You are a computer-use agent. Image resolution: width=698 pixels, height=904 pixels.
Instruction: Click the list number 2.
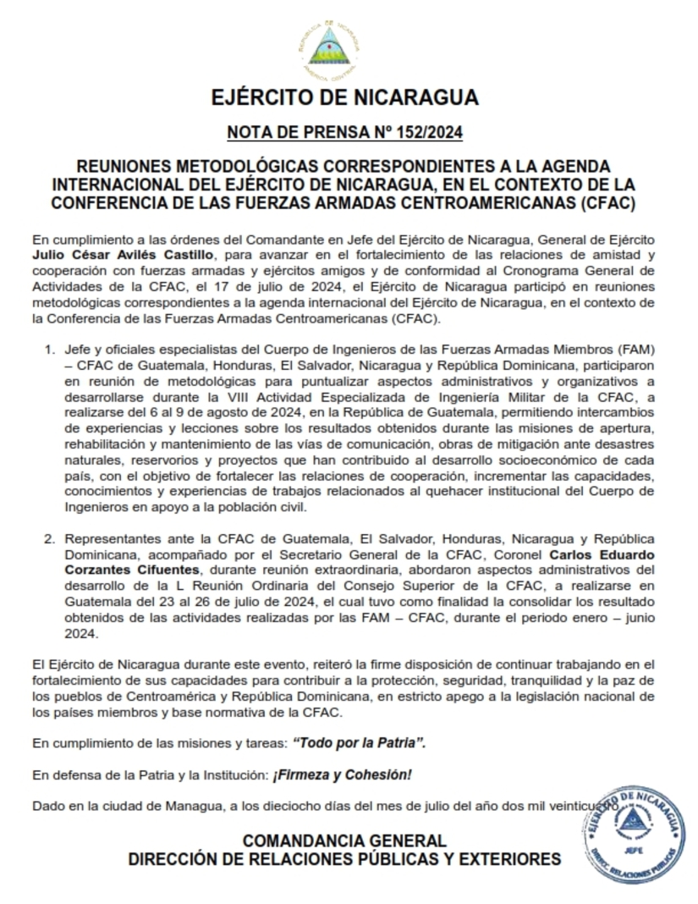[50, 539]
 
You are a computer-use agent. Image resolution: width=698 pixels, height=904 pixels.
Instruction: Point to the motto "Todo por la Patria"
[359, 742]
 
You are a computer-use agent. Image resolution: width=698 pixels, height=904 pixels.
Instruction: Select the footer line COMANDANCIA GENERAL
[344, 841]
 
